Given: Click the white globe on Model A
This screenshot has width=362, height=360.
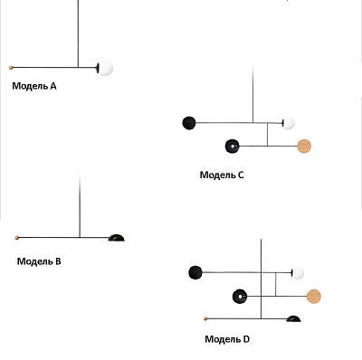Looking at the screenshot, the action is tap(105, 68).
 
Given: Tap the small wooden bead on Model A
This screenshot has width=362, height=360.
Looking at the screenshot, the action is tap(11, 68).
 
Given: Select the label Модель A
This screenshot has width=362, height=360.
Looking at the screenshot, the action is tap(34, 86).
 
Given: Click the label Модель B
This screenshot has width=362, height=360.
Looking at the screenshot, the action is tap(39, 261).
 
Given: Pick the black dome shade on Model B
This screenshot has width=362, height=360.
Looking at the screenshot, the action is tap(117, 238).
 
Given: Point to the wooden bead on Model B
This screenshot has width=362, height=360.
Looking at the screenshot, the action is tap(17, 238).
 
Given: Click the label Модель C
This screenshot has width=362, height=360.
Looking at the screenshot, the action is tap(222, 175).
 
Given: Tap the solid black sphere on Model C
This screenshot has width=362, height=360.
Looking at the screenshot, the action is tap(189, 123).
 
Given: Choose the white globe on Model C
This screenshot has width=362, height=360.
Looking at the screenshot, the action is tap(289, 123).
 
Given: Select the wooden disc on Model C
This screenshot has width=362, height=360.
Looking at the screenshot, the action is tap(304, 147).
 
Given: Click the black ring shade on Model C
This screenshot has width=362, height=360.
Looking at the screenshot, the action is tap(233, 147).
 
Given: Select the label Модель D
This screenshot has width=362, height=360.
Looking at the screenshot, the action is tap(227, 339).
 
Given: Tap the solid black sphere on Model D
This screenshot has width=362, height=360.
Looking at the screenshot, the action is tap(195, 272).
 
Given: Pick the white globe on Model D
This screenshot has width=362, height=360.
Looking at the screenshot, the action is tap(298, 272).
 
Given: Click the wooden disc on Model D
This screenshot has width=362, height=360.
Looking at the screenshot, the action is tap(314, 296).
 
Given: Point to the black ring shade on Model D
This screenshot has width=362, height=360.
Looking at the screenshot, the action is tap(240, 296).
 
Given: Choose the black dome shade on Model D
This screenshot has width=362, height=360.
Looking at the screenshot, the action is tap(293, 318).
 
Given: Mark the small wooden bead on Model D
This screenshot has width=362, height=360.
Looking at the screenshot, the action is tap(205, 318).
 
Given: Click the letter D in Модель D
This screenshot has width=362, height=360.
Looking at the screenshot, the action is tap(246, 339).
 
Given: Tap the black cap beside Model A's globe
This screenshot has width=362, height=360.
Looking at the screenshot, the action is tap(98, 68).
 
